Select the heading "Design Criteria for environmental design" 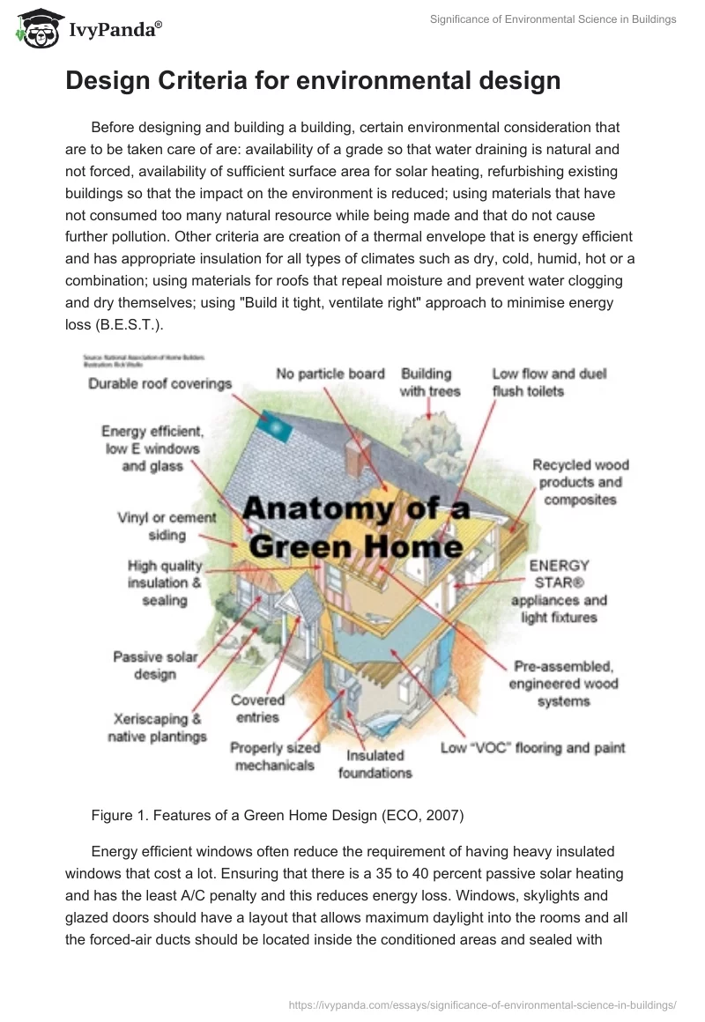point(313,81)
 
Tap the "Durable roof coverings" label point(160,384)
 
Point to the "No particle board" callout point(330,374)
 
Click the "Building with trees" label point(430,382)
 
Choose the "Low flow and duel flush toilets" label point(549,382)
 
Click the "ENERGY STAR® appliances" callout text point(559,591)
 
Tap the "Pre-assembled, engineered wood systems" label point(564,683)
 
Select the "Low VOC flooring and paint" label point(532,748)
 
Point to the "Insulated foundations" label point(375,764)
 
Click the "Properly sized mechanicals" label point(275,757)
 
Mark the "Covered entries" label point(257,708)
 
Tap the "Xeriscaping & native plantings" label point(157,728)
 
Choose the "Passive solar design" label point(155,665)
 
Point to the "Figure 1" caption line point(277,816)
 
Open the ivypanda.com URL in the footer point(482,1003)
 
